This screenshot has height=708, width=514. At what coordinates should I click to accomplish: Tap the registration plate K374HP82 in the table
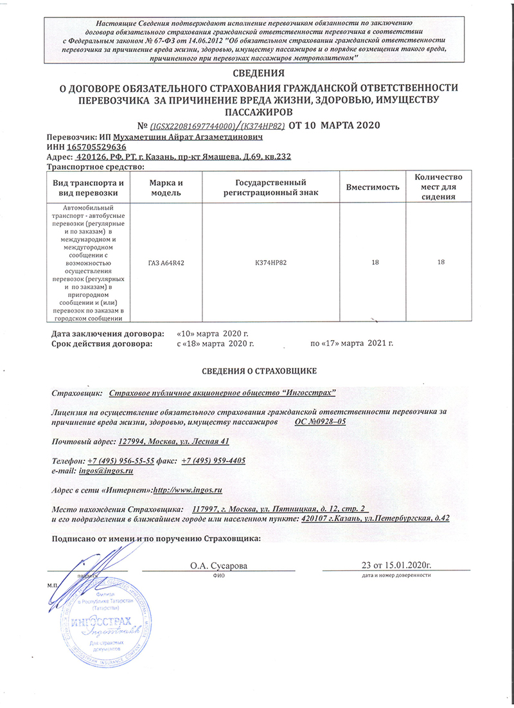(x=270, y=262)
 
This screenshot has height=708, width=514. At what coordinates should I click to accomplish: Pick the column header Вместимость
(x=373, y=186)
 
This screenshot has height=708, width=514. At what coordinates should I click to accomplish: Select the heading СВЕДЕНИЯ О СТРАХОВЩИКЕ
(x=256, y=372)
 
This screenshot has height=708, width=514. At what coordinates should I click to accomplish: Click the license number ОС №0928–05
(x=320, y=421)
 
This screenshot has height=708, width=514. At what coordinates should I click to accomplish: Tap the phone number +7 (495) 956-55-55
(x=121, y=461)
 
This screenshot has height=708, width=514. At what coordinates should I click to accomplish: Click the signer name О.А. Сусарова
(x=218, y=565)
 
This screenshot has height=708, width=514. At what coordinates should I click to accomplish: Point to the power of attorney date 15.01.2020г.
(x=404, y=565)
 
